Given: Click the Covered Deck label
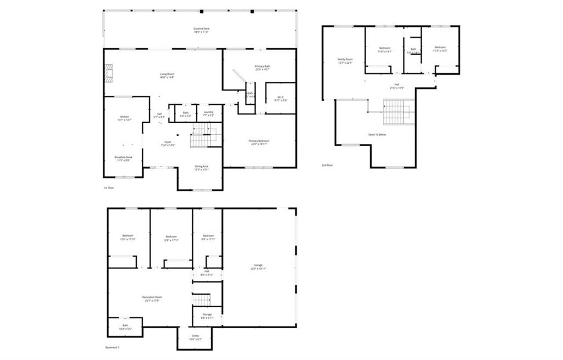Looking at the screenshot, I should coord(201,30).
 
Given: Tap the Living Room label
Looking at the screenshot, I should coord(167,76).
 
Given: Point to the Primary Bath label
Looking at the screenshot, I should coord(262,68).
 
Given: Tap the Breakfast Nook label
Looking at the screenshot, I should coord(123,158).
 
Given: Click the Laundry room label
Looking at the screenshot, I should coord(208,114).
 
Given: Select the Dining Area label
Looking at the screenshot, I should coord(201,168).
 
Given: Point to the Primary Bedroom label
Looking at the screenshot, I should coord(260,142).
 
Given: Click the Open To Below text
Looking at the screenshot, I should coord(377,134).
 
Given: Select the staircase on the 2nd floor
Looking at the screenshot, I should coord(398,112).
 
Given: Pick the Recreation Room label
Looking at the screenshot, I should coord(152,298).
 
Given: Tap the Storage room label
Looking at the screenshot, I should coord(206,316).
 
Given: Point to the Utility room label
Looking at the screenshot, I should coord(195,337).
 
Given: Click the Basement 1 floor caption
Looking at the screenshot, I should coord(112,347).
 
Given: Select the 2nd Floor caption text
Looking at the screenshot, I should coord(328,165).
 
